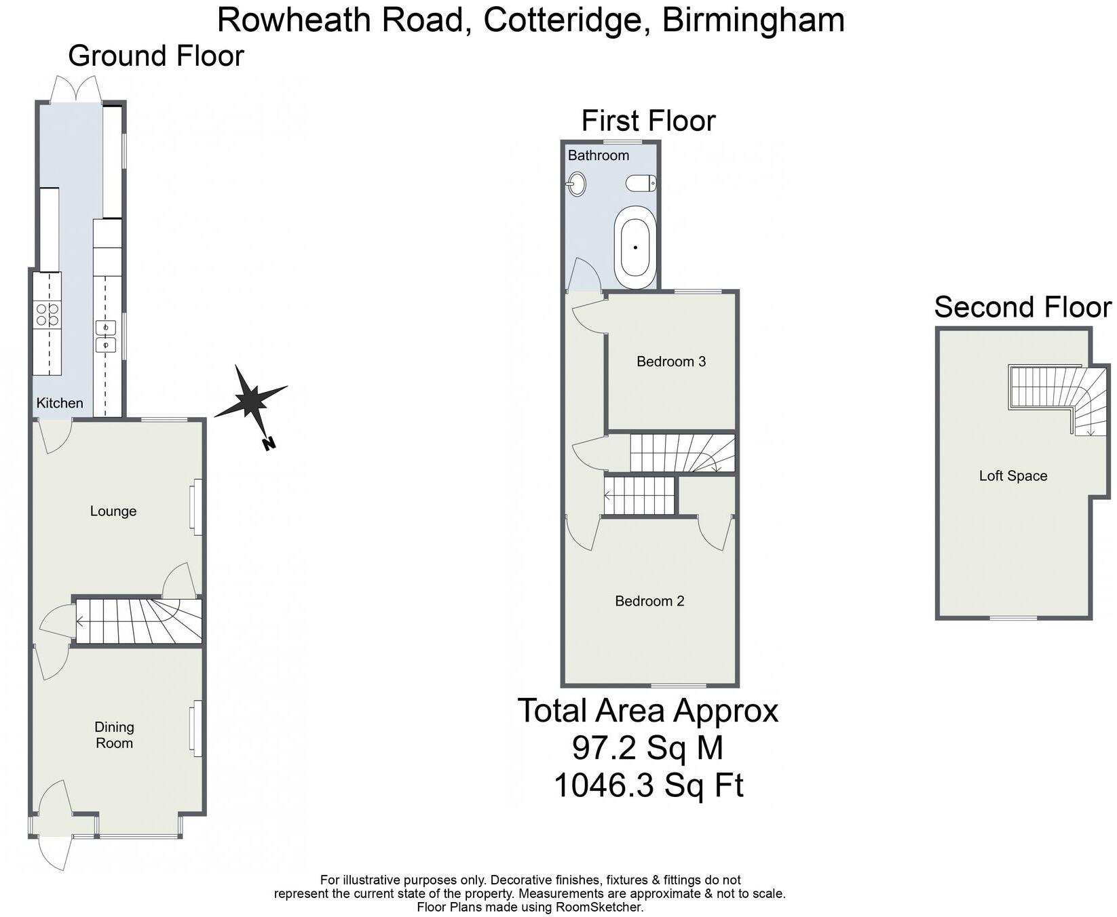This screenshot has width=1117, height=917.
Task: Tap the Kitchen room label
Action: (60, 403)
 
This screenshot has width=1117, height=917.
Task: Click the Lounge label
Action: (113, 511)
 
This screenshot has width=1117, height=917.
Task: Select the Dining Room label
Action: (114, 735)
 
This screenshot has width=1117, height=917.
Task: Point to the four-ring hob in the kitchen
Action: (48, 315)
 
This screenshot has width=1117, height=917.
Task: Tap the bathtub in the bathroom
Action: (635, 248)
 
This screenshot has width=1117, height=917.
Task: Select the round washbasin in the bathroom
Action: (577, 183)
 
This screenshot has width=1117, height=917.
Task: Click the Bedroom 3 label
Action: (671, 362)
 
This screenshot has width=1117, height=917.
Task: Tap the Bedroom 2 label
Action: (649, 601)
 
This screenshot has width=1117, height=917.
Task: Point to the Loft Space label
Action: (1012, 476)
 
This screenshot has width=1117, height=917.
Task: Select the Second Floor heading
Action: (1023, 307)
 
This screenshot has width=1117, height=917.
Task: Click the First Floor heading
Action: (648, 121)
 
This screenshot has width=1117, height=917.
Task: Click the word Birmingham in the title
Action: (753, 20)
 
